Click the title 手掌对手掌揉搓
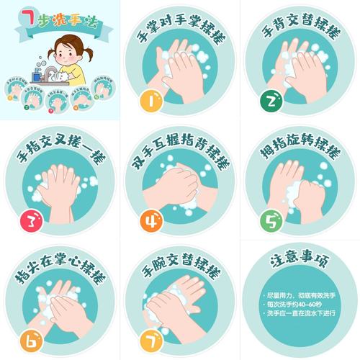click(x=180, y=32)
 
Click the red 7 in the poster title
click(x=30, y=16)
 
